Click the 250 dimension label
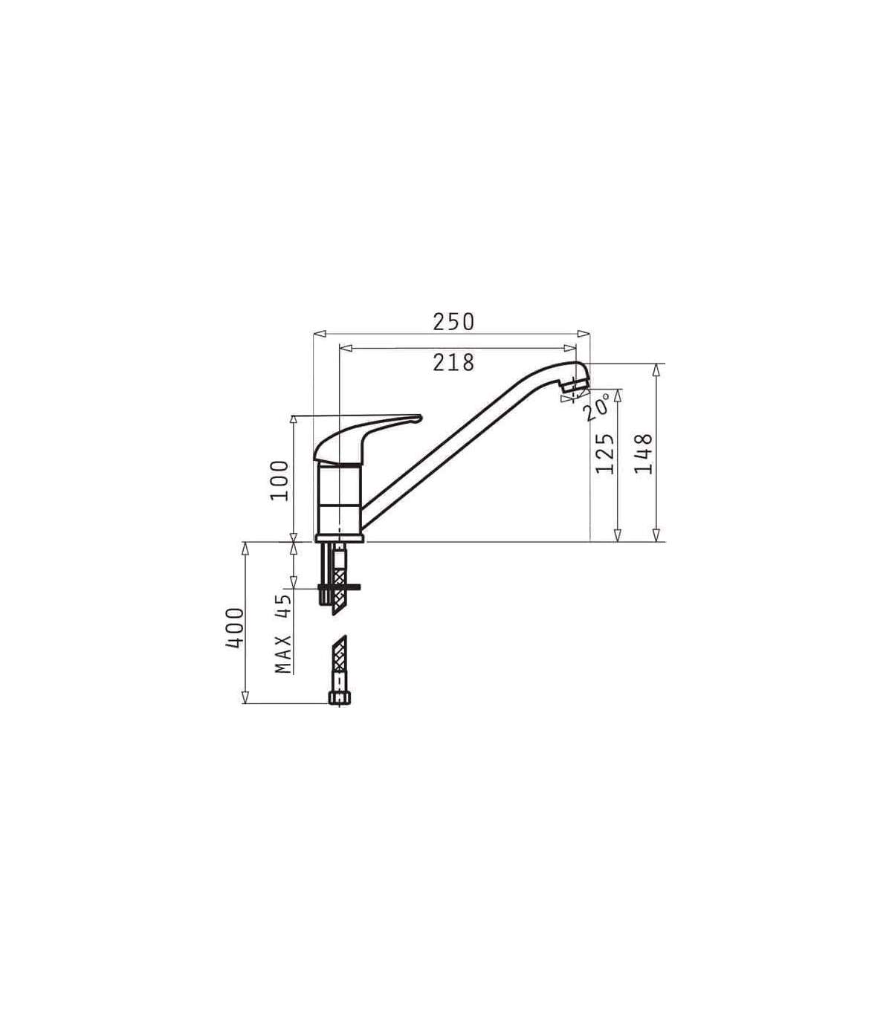[453, 322]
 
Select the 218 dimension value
[453, 363]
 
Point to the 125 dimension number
[604, 453]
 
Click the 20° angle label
[597, 407]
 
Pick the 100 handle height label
[279, 480]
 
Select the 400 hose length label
[235, 627]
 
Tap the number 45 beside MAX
[283, 606]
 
